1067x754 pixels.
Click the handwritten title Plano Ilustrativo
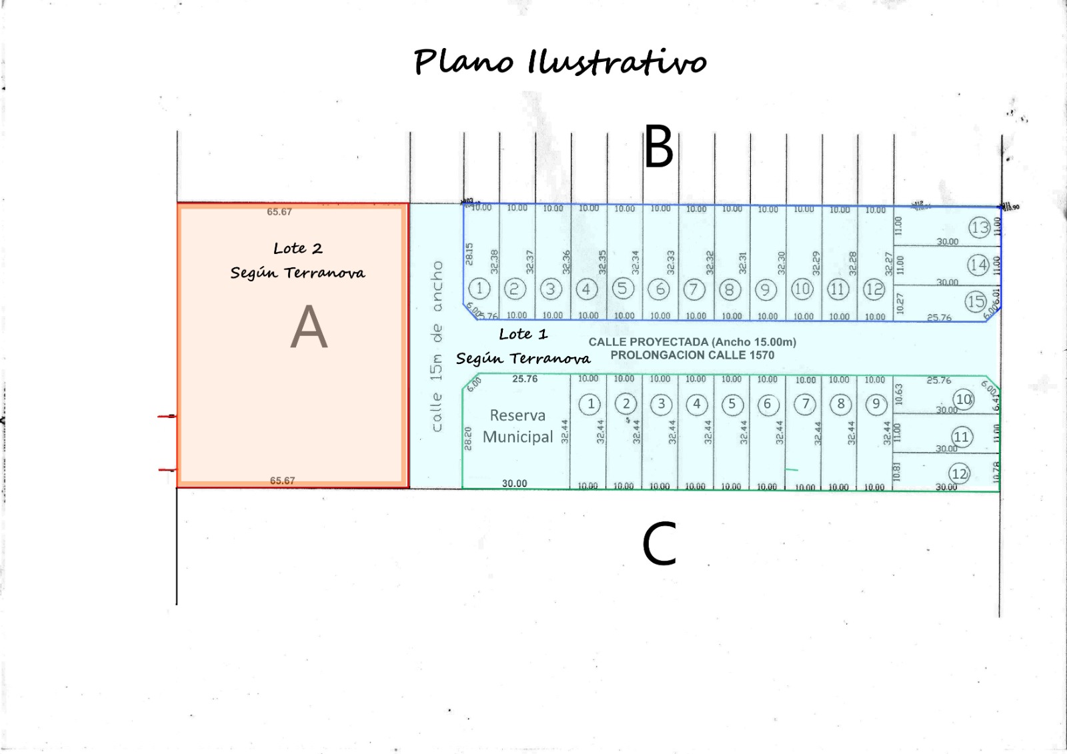(560, 61)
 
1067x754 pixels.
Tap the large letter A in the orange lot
(309, 327)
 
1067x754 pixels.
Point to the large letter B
(658, 148)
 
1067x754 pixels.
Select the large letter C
(659, 544)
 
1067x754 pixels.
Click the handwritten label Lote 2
(297, 249)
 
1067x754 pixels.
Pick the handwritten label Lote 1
(523, 334)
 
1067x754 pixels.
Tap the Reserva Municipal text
(518, 426)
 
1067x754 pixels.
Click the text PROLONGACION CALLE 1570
(692, 355)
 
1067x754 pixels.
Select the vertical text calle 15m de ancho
(437, 346)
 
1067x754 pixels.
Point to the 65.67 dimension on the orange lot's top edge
(279, 212)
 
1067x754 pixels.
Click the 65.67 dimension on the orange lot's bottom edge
(282, 481)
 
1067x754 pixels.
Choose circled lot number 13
(979, 228)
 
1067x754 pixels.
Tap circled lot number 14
(978, 265)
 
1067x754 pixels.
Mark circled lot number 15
(976, 302)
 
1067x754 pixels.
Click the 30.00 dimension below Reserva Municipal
(514, 483)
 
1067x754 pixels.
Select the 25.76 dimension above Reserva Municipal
(525, 379)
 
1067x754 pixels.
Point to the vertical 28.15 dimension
(469, 253)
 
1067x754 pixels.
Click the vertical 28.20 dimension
(468, 438)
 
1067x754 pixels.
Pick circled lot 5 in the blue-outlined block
(622, 288)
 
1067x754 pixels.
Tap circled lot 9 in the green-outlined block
(876, 404)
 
